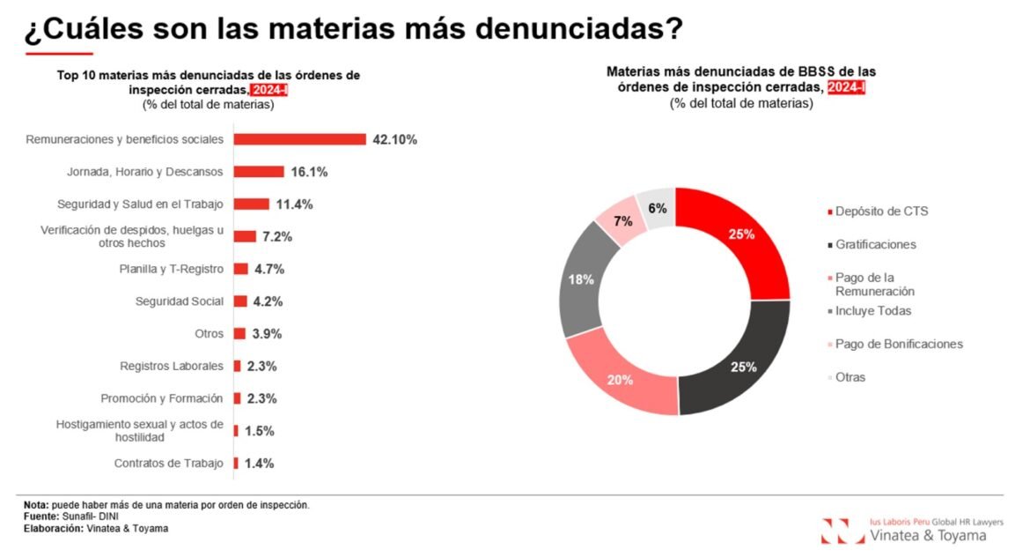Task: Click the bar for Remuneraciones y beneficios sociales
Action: click(299, 139)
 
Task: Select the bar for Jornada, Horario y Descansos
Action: click(259, 172)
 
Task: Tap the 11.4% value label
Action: click(295, 204)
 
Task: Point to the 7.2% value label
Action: click(276, 237)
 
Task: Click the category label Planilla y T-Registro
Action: click(171, 269)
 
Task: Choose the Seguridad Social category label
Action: click(179, 301)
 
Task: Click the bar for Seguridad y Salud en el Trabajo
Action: click(252, 204)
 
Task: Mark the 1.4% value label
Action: click(260, 464)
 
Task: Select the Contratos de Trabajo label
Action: click(168, 464)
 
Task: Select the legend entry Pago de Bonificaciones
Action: click(899, 344)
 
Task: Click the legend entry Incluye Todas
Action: click(872, 311)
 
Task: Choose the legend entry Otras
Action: click(850, 377)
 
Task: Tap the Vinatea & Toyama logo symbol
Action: click(842, 531)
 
